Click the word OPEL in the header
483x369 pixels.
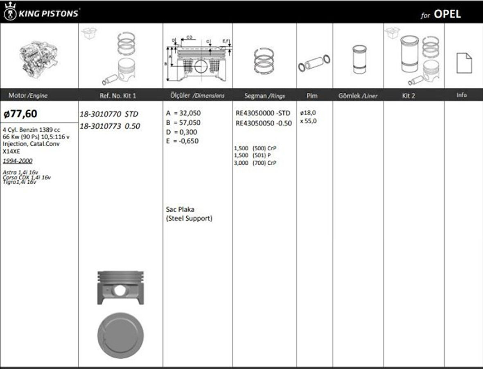click(447, 14)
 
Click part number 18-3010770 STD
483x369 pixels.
click(108, 114)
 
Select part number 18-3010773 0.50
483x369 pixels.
click(109, 126)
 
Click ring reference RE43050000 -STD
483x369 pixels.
click(263, 113)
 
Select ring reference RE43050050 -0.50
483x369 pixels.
click(264, 123)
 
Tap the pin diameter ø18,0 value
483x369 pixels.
click(308, 112)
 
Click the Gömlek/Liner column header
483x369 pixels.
click(358, 96)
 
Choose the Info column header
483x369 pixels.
click(461, 95)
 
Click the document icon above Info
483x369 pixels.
click(464, 63)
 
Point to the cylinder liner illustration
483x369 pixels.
click(359, 59)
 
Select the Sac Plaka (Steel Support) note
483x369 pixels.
click(189, 214)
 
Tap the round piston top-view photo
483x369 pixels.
click(120, 335)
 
